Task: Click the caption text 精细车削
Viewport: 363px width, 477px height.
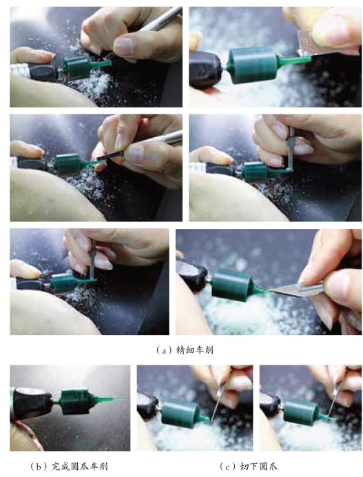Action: pos(194,350)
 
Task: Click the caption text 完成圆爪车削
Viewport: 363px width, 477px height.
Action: pos(80,466)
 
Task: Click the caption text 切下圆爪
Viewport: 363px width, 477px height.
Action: pos(258,466)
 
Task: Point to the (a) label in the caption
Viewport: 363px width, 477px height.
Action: pos(164,350)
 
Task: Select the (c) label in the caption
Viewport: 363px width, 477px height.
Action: pos(227,467)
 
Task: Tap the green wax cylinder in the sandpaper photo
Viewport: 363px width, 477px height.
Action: pos(252,65)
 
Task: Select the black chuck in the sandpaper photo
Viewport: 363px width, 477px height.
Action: pos(205,70)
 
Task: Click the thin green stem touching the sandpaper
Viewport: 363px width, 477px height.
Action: pos(293,60)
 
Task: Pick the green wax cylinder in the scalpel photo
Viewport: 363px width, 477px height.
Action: pos(231,285)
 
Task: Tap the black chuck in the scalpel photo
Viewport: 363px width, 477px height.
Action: pos(191,272)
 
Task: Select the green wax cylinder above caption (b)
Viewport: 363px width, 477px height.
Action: pos(75,402)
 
